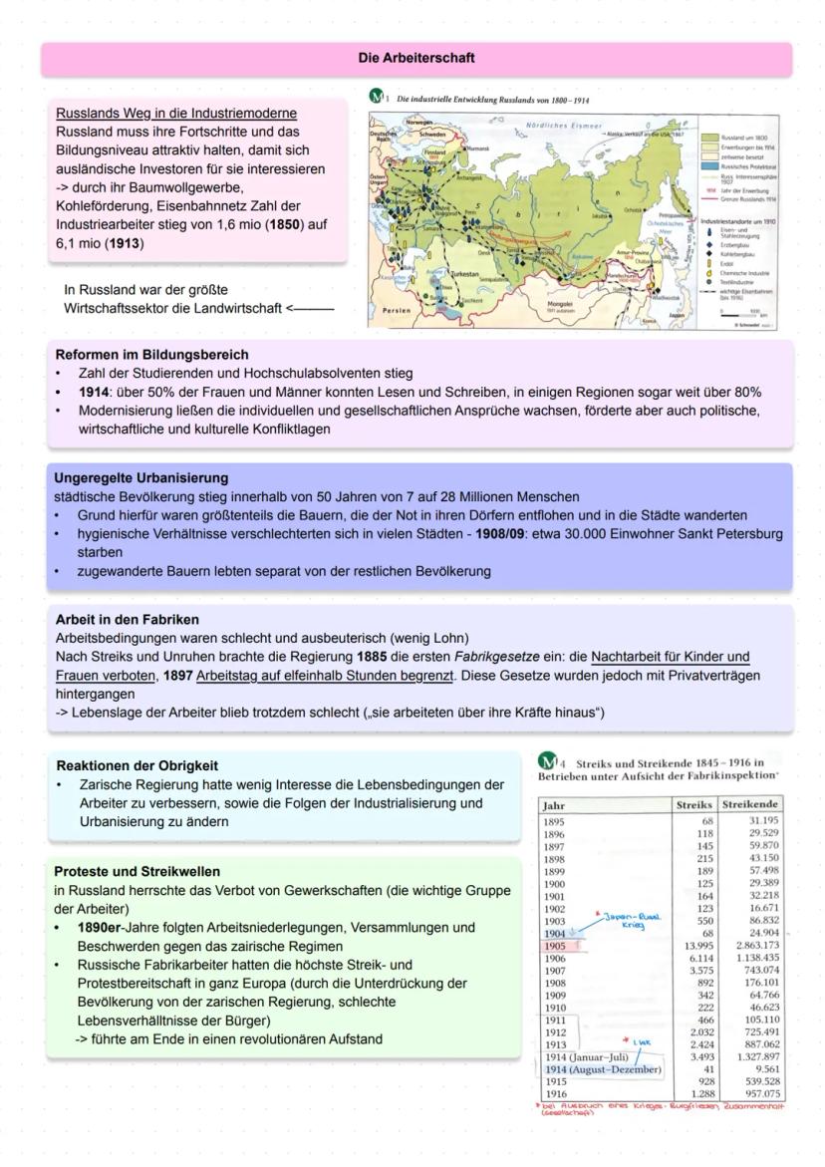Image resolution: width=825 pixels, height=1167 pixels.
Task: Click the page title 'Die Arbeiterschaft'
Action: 415,59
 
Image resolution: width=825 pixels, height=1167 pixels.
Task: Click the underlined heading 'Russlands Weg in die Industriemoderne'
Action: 176,113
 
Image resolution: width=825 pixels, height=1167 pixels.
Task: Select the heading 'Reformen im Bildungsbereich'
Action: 152,355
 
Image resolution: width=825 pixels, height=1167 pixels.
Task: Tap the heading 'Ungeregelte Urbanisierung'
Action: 141,478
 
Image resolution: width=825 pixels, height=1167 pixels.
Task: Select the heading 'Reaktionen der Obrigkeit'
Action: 137,766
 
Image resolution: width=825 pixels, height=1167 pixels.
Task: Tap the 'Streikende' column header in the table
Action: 749,804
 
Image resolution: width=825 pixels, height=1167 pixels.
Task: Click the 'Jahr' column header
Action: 556,804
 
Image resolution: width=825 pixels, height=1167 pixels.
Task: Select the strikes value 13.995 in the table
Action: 693,944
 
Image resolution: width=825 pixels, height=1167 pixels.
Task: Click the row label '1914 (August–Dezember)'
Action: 603,1069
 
